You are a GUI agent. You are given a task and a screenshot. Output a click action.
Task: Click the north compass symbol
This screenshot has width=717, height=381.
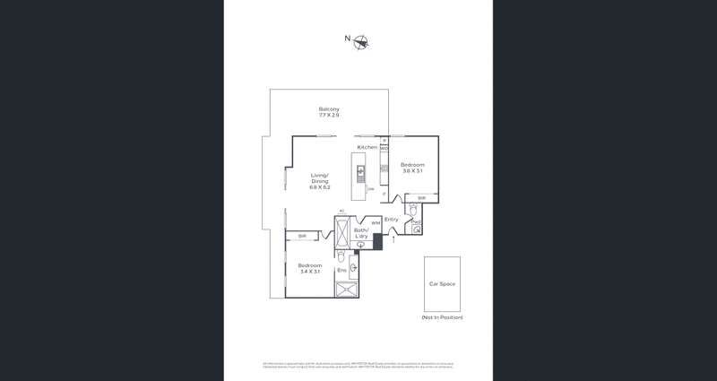[x=361, y=41]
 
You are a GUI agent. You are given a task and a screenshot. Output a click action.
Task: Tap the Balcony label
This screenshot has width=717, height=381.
[x=329, y=109]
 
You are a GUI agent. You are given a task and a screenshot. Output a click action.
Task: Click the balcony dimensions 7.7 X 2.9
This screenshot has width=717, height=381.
[x=329, y=116]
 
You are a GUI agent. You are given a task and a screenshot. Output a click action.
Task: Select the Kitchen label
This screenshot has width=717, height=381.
[x=367, y=147]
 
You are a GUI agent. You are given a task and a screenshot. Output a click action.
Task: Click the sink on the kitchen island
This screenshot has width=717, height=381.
[x=361, y=169]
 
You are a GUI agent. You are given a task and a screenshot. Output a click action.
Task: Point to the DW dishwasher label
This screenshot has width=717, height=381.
[x=384, y=149]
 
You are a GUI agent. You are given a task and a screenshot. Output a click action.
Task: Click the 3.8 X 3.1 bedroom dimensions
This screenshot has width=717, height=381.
[x=412, y=171]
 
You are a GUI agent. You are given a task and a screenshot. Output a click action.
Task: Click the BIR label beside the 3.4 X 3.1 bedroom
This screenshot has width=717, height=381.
[x=302, y=236]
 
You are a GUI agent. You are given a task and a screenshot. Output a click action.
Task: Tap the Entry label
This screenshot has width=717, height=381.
[x=392, y=219]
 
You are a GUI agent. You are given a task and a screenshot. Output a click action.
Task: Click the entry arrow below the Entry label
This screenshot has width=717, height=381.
[x=393, y=239]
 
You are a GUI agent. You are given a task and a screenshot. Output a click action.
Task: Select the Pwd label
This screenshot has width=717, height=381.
[x=417, y=221]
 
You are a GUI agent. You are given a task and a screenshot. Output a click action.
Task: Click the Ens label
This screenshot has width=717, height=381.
[x=341, y=270]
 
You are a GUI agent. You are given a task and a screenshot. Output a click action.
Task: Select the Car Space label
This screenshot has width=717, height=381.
[x=442, y=283]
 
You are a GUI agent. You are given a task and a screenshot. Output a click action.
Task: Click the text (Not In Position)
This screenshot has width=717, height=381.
[x=442, y=317]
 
